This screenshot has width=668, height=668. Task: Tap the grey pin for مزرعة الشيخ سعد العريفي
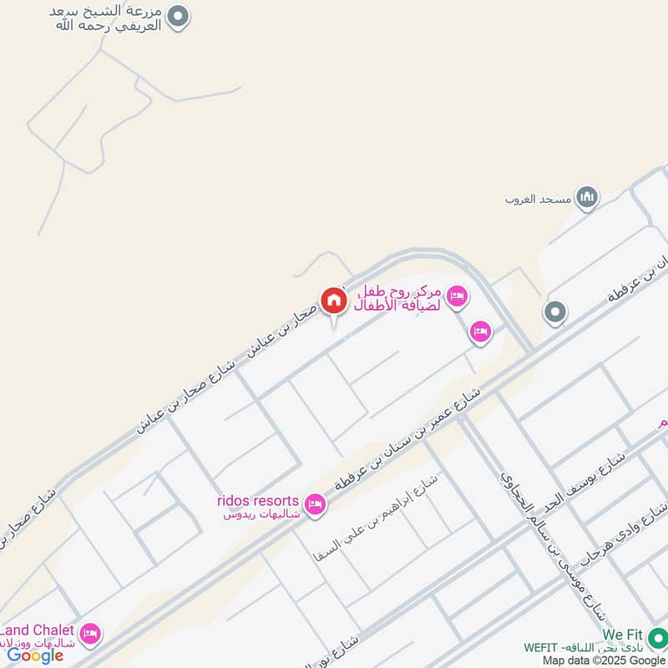(x=178, y=16)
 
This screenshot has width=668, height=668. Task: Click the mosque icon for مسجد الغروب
(x=589, y=197)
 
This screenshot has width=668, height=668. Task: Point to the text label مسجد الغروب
(x=538, y=200)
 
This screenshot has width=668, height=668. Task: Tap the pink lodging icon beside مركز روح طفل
(x=457, y=295)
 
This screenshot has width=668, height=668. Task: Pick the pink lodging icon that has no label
(x=479, y=331)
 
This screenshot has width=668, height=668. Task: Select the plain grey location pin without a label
(x=554, y=313)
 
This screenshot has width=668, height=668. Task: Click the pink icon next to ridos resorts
(x=315, y=504)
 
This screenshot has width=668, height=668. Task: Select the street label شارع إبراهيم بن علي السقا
(x=376, y=519)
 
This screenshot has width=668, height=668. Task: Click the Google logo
(x=35, y=655)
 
